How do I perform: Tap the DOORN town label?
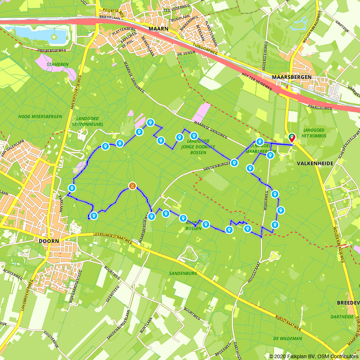point(47,242)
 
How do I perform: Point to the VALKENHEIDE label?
point(310,163)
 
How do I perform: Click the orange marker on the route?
point(132,186)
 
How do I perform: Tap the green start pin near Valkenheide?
point(292,138)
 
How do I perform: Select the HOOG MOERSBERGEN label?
point(40,117)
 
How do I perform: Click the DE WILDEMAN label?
point(287,338)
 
